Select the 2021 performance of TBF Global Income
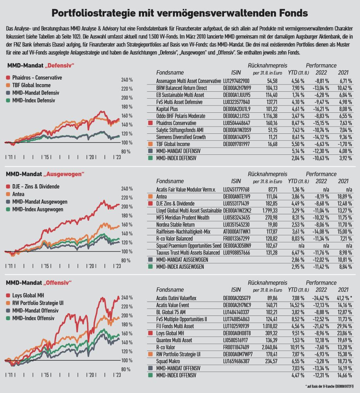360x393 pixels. point(344,144)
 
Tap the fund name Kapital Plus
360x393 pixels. point(168,109)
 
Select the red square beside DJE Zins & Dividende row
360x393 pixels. point(150,203)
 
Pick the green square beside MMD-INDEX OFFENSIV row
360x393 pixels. point(150,375)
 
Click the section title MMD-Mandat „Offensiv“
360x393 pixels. point(39,282)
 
